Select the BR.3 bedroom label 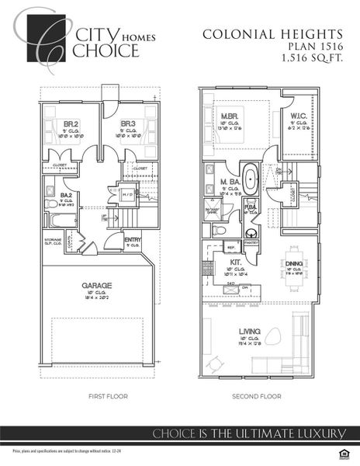(x=128, y=123)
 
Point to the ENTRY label (x=133, y=240)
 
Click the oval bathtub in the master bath (x=251, y=178)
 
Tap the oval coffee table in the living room (x=273, y=336)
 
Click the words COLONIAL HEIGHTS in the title (x=272, y=34)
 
